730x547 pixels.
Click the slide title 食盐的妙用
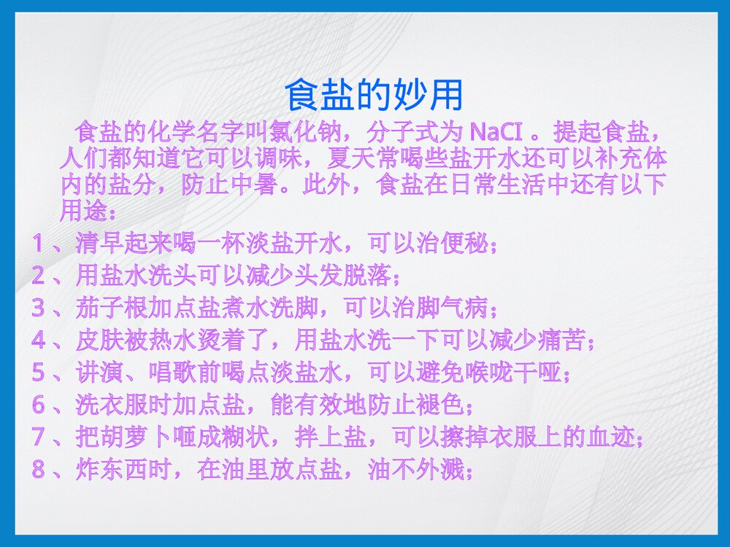pyautogui.click(x=372, y=95)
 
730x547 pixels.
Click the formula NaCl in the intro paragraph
pyautogui.click(x=496, y=133)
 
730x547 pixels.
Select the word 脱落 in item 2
pyautogui.click(x=367, y=276)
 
